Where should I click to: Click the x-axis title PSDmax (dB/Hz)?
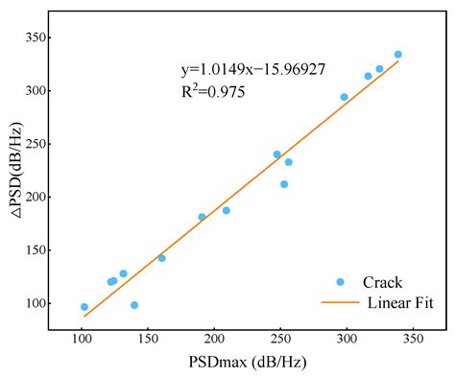point(247,363)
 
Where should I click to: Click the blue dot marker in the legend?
point(340,282)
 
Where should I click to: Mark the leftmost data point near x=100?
point(84,307)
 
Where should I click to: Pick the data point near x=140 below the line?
point(134,305)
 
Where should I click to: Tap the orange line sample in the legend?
point(340,303)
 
